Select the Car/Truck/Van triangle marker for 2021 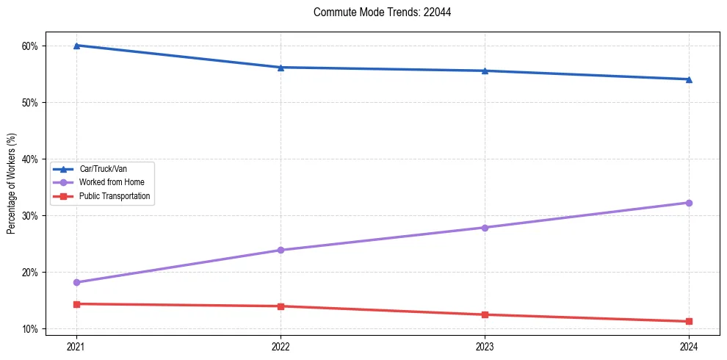coord(76,46)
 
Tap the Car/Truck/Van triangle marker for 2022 coord(281,68)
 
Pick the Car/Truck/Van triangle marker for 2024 coord(689,79)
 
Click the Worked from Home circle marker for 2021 coord(76,282)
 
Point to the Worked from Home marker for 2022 coord(281,250)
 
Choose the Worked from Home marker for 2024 coord(689,203)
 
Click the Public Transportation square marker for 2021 coord(76,304)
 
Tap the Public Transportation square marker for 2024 coord(689,321)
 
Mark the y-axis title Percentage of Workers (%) coord(12,184)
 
